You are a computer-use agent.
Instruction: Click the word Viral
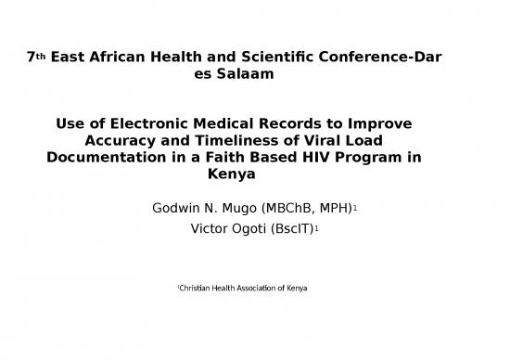coord(321,140)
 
